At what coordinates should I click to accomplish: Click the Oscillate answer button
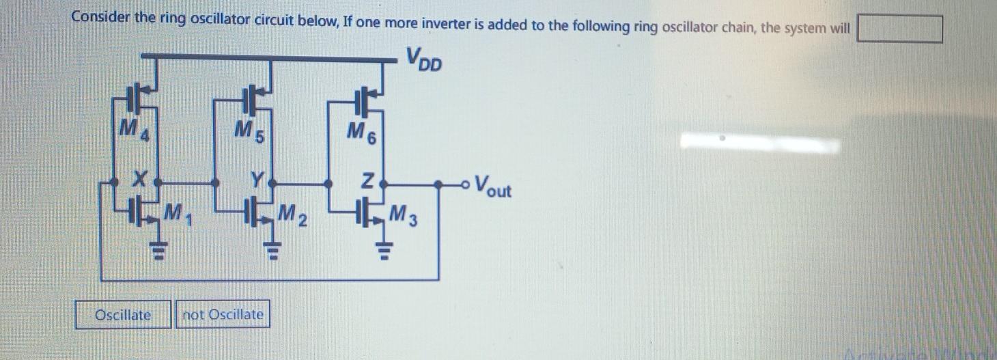point(123,315)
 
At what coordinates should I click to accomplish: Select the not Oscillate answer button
point(223,315)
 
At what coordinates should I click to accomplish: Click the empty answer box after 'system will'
point(899,29)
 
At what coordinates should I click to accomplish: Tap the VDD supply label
point(424,59)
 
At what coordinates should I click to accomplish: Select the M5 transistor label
point(245,128)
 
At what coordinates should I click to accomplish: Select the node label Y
point(257,181)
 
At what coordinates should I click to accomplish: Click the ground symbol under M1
point(158,253)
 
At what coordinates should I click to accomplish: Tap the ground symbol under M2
point(273,254)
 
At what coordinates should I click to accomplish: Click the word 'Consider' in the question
point(100,18)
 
